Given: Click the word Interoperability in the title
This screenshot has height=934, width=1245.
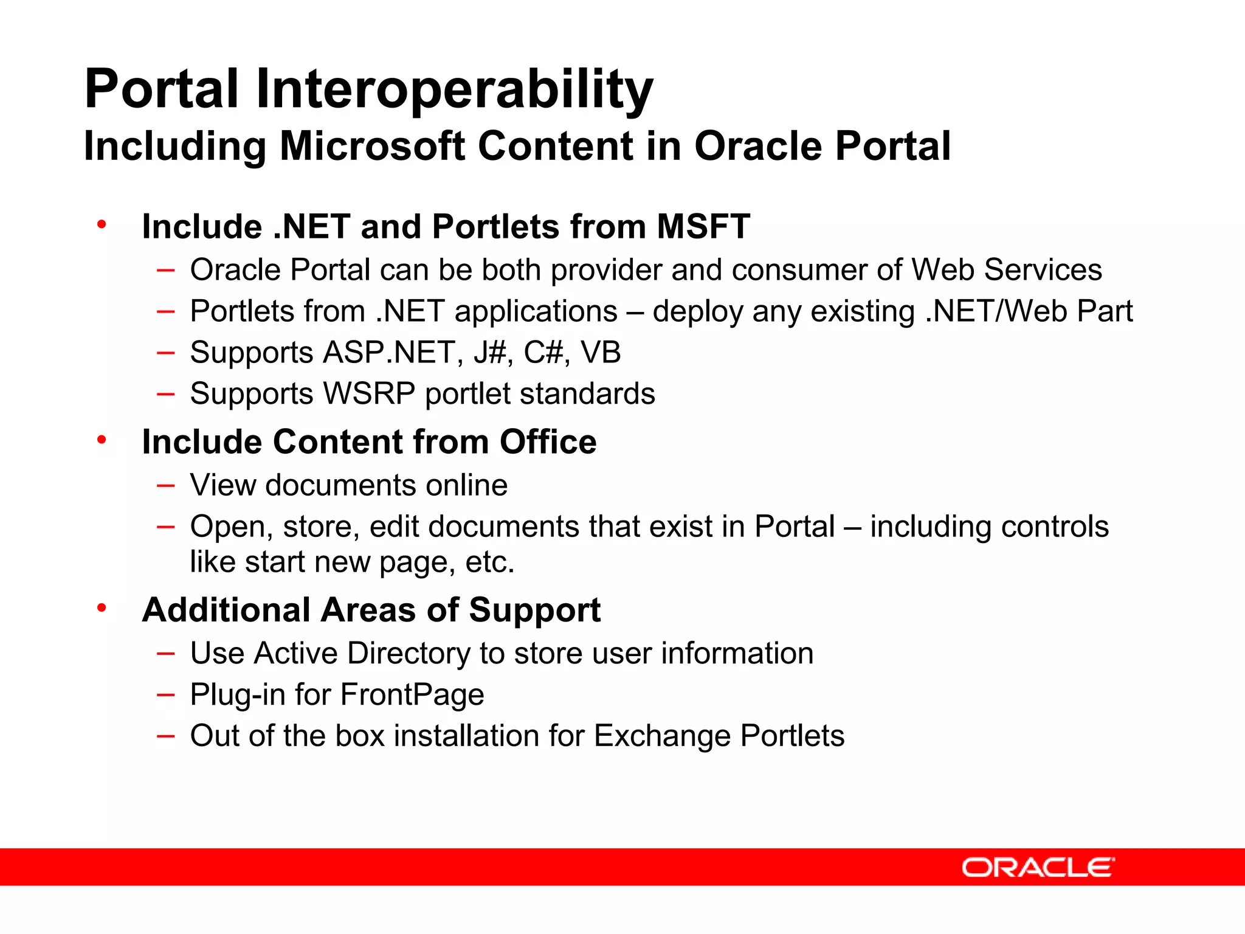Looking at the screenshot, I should pyautogui.click(x=454, y=89).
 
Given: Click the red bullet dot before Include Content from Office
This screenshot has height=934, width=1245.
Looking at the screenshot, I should pyautogui.click(x=102, y=439).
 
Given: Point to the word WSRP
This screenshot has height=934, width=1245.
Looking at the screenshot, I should pyautogui.click(x=370, y=393).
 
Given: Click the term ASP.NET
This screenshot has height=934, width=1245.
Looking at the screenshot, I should pyautogui.click(x=389, y=353).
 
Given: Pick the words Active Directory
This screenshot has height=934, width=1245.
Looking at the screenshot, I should pyautogui.click(x=362, y=654).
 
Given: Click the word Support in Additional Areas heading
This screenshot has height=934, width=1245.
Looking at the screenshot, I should pyautogui.click(x=534, y=610).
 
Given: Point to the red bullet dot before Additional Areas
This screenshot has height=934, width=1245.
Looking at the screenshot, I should pyautogui.click(x=102, y=607).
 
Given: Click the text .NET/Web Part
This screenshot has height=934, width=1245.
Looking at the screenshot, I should pyautogui.click(x=1029, y=311).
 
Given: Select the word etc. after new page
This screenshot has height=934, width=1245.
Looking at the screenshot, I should pyautogui.click(x=490, y=562).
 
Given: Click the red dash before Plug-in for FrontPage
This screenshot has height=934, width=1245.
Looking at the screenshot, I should pyautogui.click(x=165, y=695).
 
